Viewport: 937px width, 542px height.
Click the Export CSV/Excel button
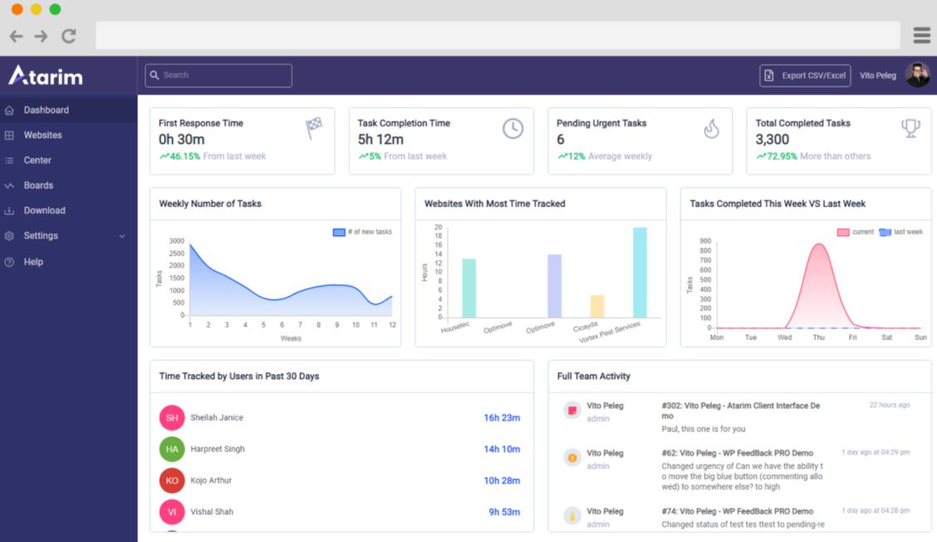(805, 76)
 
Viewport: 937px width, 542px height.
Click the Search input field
(219, 76)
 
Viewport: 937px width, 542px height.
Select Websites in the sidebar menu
(42, 135)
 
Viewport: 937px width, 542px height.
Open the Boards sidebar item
(38, 185)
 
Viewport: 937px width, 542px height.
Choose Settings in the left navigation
(41, 236)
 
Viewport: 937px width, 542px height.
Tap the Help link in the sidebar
(33, 262)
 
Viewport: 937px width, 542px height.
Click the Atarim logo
(46, 76)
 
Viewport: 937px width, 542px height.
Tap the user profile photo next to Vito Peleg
(917, 75)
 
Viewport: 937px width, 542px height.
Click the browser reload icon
(69, 36)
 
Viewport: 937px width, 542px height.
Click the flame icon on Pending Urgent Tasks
(711, 129)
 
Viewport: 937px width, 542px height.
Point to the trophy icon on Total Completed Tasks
(910, 129)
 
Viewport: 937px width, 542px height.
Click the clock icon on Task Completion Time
(513, 129)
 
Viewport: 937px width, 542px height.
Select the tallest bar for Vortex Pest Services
(639, 272)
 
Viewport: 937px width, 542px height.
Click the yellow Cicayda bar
(597, 305)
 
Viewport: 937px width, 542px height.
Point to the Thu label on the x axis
(818, 338)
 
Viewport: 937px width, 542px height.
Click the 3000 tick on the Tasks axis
(176, 241)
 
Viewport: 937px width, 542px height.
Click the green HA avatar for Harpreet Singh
(171, 449)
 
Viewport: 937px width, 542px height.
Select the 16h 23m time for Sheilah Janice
(501, 418)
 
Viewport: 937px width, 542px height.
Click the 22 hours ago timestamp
(890, 406)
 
